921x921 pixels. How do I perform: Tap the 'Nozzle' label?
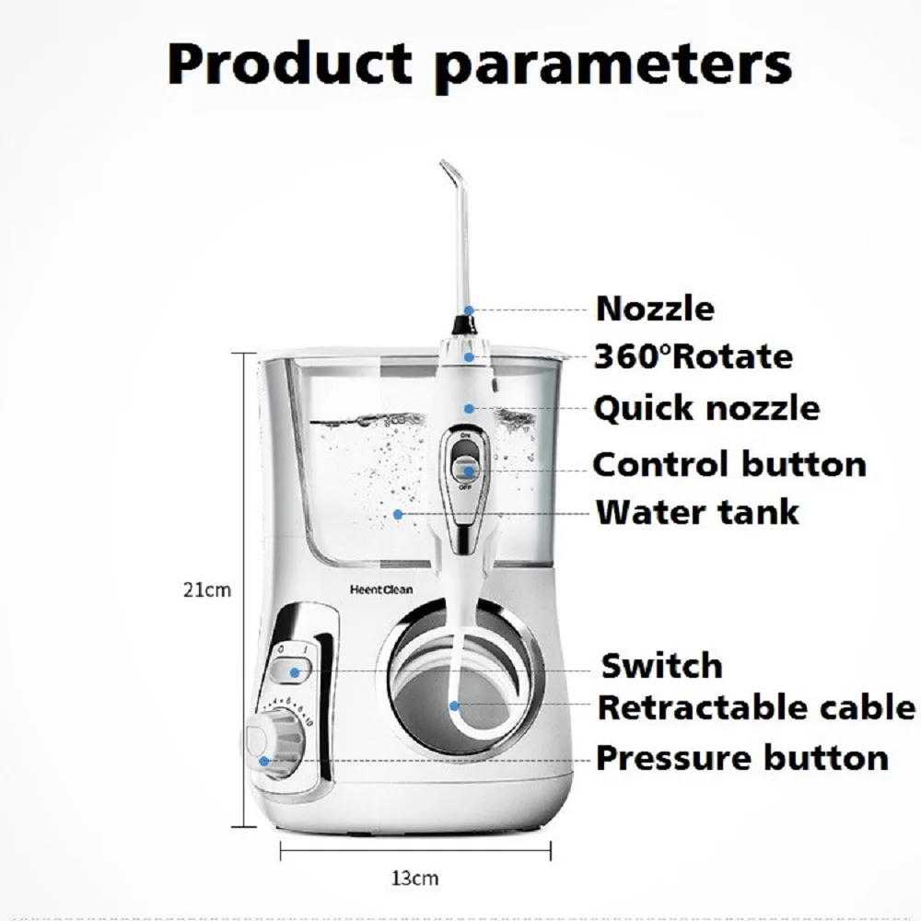click(x=655, y=309)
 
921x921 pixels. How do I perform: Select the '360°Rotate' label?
click(x=693, y=356)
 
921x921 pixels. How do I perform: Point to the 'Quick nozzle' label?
click(x=705, y=408)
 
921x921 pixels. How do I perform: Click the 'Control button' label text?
click(x=729, y=464)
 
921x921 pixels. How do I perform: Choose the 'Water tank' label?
click(x=697, y=512)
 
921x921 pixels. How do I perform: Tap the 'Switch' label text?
click(x=661, y=665)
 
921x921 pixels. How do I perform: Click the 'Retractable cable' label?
click(x=756, y=708)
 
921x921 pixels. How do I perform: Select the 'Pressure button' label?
click(x=742, y=758)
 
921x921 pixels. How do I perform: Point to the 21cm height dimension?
click(x=206, y=589)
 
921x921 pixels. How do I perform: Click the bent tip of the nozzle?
click(x=449, y=171)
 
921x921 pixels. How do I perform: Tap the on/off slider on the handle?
click(x=468, y=460)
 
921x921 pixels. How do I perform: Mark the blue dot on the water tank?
click(x=398, y=513)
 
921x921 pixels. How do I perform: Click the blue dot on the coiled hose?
click(x=454, y=705)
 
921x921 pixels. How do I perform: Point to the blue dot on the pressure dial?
click(x=265, y=761)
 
